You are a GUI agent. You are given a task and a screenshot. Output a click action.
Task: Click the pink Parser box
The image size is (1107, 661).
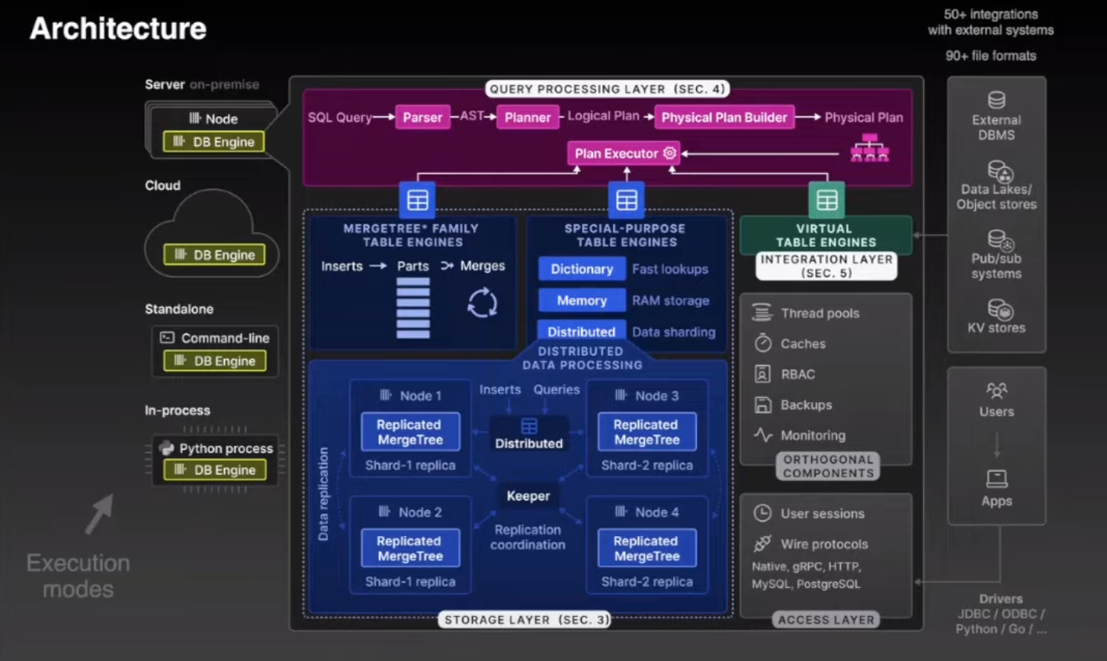pyautogui.click(x=422, y=117)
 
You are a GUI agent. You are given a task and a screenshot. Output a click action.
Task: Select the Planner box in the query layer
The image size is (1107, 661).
pyautogui.click(x=528, y=117)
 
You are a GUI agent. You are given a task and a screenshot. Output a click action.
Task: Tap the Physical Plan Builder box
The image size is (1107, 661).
pyautogui.click(x=724, y=117)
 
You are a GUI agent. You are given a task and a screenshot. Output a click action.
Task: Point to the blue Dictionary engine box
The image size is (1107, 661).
pyautogui.click(x=582, y=269)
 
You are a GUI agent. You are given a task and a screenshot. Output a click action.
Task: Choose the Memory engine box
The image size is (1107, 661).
pyautogui.click(x=582, y=300)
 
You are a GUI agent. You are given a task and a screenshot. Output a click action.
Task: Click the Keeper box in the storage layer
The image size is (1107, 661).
pyautogui.click(x=528, y=496)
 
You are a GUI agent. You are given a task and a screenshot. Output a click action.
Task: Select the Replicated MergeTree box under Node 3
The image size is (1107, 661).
pyautogui.click(x=646, y=432)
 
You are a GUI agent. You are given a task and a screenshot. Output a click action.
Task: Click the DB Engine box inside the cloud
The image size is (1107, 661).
pyautogui.click(x=214, y=255)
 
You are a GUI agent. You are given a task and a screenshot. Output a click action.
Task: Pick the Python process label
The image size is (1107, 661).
pyautogui.click(x=226, y=448)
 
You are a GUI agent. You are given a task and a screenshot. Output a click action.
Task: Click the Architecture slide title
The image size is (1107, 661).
pyautogui.click(x=118, y=29)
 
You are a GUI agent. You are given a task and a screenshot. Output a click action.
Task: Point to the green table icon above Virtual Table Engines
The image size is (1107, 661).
pyautogui.click(x=826, y=201)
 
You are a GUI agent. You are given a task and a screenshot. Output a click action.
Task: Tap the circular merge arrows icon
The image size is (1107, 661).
pyautogui.click(x=482, y=303)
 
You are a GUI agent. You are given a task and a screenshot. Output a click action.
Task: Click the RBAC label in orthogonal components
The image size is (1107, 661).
pyautogui.click(x=797, y=374)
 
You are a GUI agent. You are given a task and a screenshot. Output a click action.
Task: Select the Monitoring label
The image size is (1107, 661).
pyautogui.click(x=813, y=435)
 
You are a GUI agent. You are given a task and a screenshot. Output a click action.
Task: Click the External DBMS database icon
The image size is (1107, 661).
pyautogui.click(x=996, y=101)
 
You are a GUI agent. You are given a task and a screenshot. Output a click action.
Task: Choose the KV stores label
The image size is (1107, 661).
pyautogui.click(x=996, y=328)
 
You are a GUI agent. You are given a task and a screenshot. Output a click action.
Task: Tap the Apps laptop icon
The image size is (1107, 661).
pyautogui.click(x=996, y=479)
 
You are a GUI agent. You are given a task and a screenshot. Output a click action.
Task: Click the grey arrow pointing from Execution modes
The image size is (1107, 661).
pyautogui.click(x=98, y=515)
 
